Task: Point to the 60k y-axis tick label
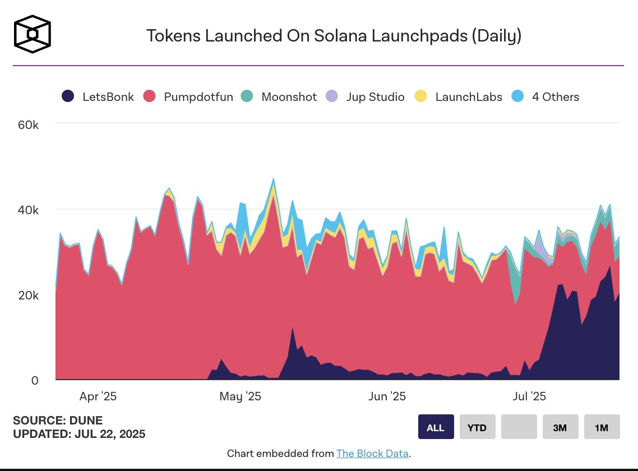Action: coord(28,124)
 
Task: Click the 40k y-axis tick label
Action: coord(28,210)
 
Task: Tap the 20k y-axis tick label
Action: coord(28,295)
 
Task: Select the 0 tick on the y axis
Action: coord(35,380)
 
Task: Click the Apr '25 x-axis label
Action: coord(98,396)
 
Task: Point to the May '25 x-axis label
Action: coord(240,396)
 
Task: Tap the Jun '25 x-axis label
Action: coord(387,396)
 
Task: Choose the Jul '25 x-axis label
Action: coord(529,396)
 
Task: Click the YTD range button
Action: coord(477,427)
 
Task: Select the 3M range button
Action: coord(560,427)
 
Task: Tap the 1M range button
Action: coord(602,427)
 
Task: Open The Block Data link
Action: coord(372,453)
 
